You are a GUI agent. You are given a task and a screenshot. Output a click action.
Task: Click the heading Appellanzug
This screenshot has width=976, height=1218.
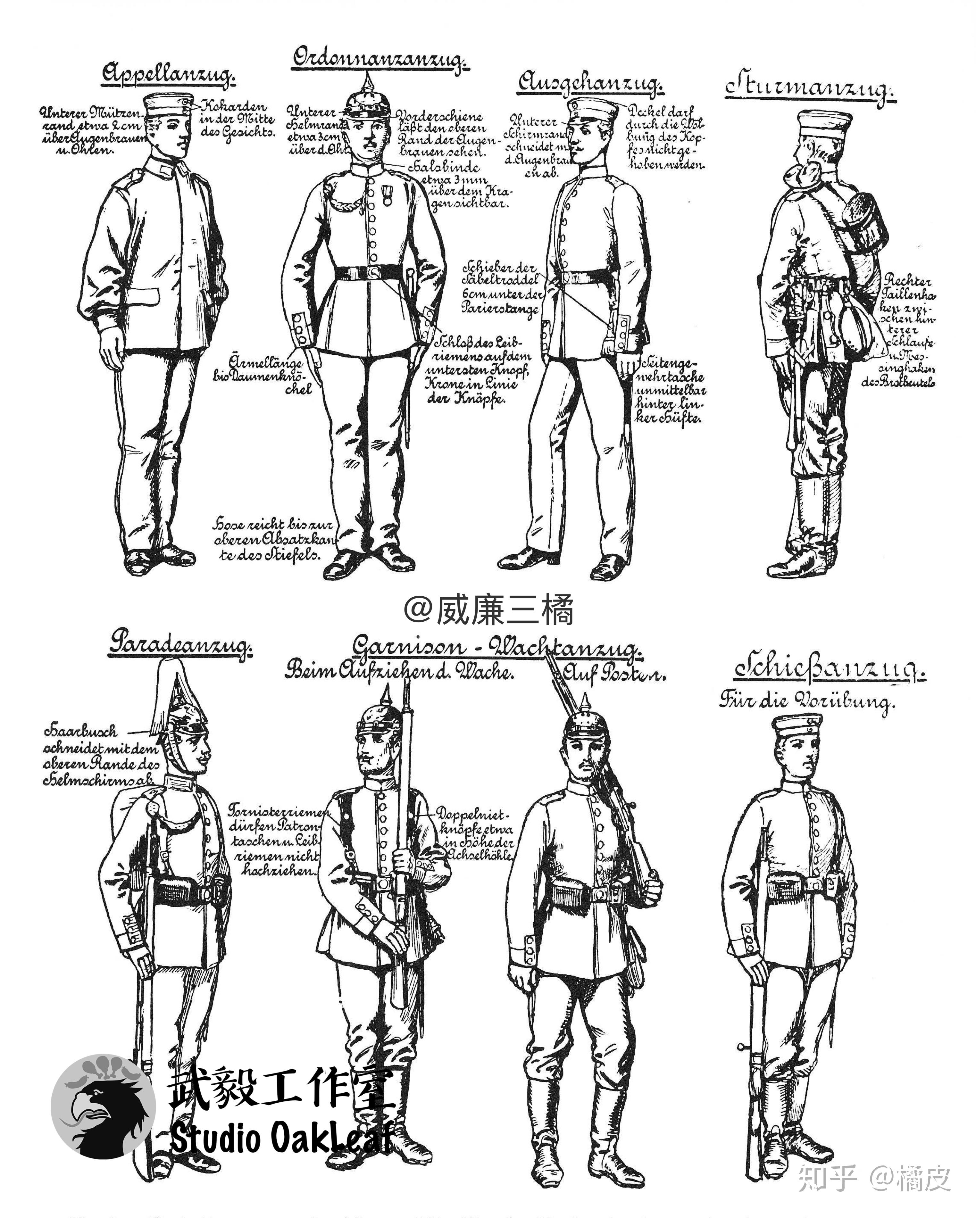click(x=168, y=75)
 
